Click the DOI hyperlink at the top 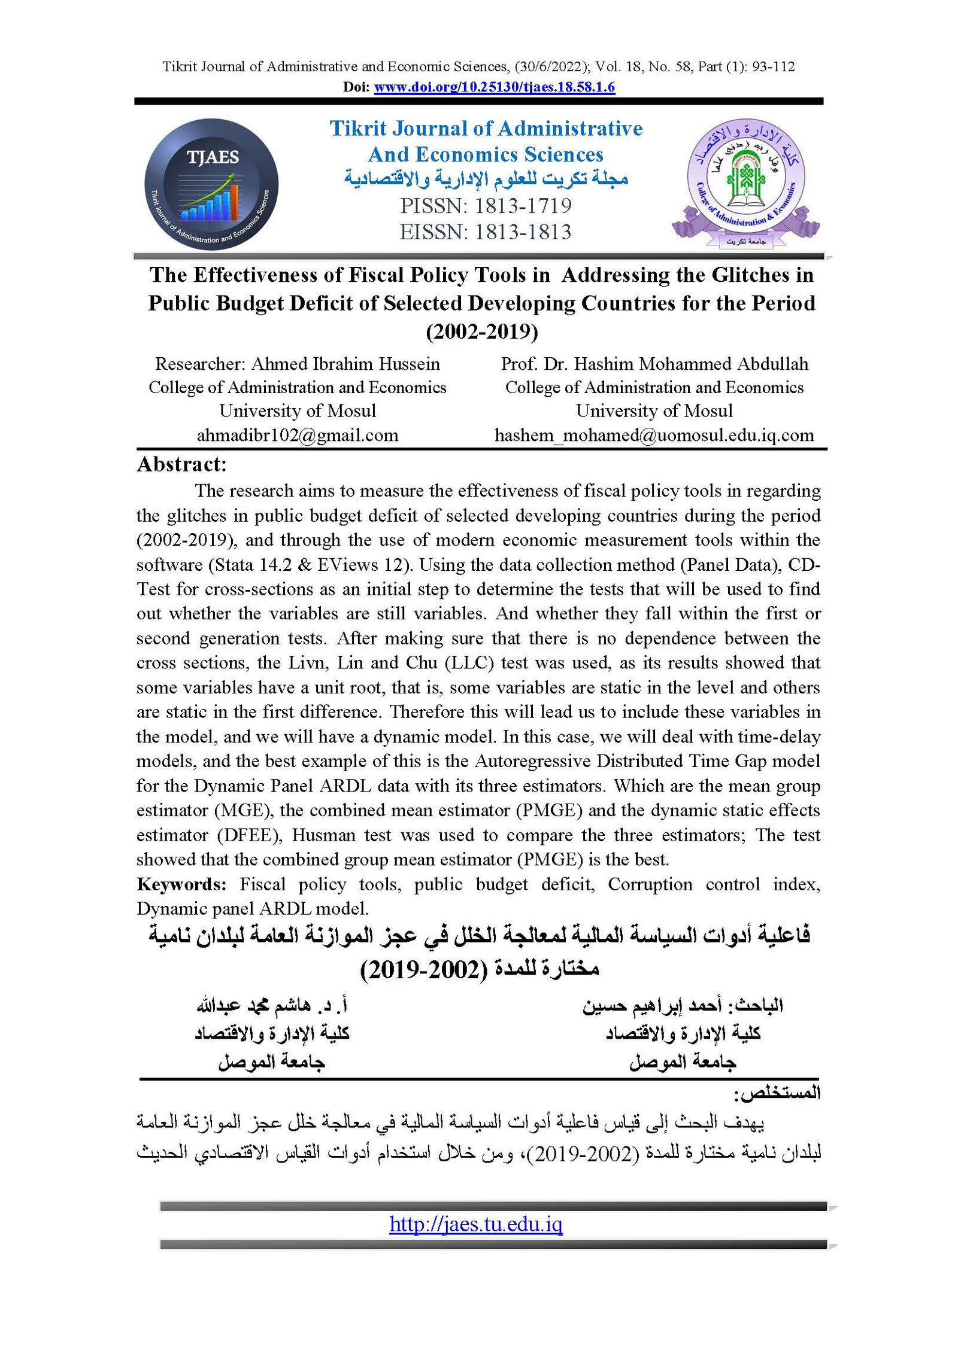494,87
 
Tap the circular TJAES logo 211,184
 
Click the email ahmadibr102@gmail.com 298,435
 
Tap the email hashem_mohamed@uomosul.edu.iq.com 654,435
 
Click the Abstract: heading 181,464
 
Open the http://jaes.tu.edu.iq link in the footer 475,1225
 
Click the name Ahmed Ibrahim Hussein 345,364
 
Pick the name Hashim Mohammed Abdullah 691,364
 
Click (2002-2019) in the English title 481,331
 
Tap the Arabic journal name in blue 486,179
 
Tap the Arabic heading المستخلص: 777,1093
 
